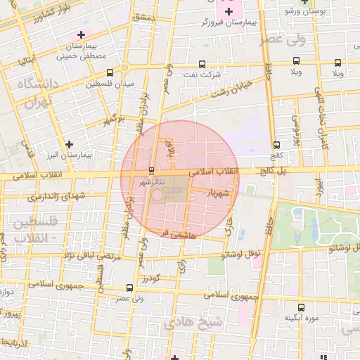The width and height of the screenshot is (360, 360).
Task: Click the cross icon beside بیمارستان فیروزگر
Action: pyautogui.click(x=229, y=11)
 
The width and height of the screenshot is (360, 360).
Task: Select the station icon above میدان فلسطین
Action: pyautogui.click(x=110, y=72)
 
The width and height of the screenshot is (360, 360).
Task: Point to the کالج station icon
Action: pyautogui.click(x=276, y=146)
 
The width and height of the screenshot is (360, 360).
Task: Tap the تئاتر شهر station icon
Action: pyautogui.click(x=152, y=171)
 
